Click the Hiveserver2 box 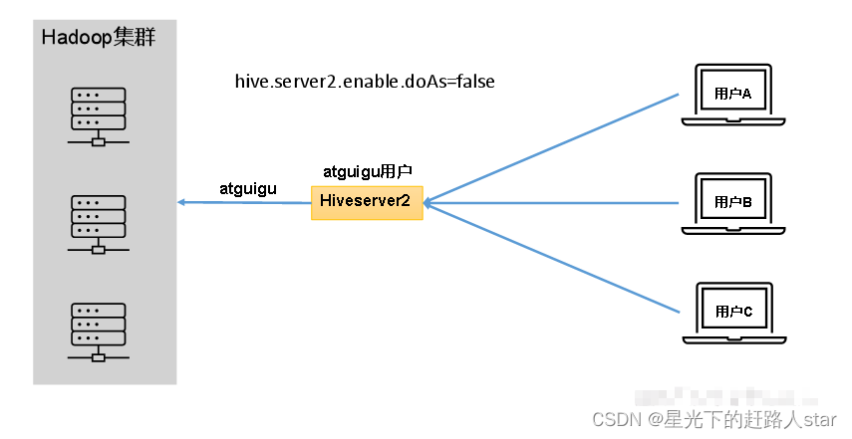(366, 202)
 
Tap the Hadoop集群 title (99, 38)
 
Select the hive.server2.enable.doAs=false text (364, 82)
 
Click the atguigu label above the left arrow (247, 187)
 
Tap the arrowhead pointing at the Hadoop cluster (182, 203)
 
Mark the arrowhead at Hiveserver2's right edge (427, 203)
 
